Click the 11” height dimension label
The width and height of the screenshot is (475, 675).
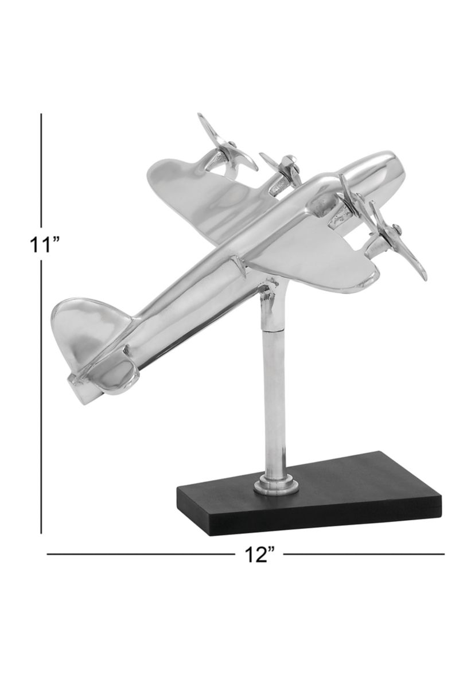coord(45,245)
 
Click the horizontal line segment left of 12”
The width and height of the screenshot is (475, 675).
coord(138,554)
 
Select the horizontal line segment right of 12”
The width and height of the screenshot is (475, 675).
coord(364,554)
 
